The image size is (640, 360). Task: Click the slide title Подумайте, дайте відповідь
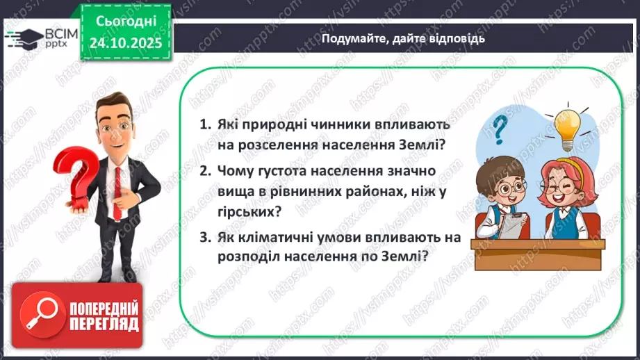coord(403,39)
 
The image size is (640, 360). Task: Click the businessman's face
coord(112,125)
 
